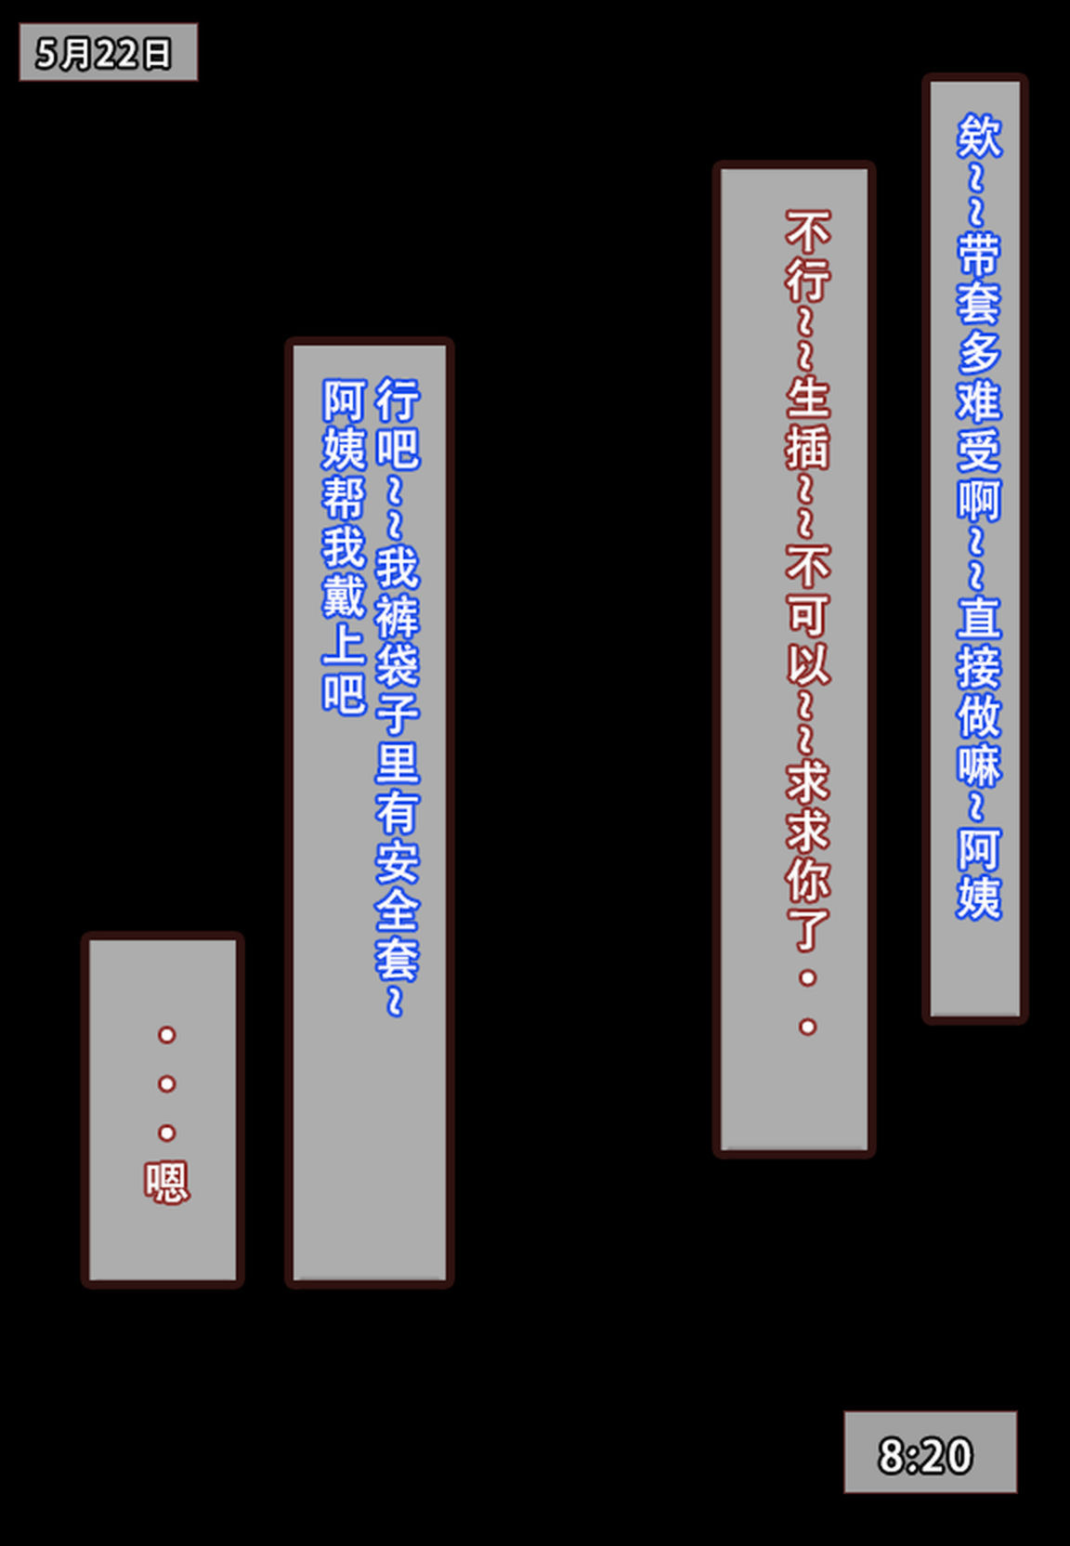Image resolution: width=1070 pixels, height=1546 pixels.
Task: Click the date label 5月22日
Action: coord(103,53)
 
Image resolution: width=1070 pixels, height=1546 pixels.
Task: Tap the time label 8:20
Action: coord(925,1456)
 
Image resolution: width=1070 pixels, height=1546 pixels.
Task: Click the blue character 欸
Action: coord(979,136)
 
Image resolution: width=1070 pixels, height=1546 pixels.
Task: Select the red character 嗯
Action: coord(166,1183)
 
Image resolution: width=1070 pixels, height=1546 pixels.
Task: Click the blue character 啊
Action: coord(979,498)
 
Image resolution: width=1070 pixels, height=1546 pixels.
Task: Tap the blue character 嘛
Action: coord(979,764)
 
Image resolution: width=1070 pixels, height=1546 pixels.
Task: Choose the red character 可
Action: coord(808,613)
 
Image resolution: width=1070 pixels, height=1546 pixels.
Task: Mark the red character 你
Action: coord(808,879)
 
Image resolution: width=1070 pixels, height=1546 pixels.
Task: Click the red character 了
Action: coord(808,928)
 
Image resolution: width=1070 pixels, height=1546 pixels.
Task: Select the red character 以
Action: coord(808,662)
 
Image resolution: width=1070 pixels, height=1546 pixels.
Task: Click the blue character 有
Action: coord(398,812)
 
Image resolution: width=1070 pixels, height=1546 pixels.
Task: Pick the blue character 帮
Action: coord(345,498)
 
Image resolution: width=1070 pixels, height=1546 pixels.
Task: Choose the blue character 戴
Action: coord(345,596)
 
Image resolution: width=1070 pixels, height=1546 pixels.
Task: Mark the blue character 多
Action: coord(979,350)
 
